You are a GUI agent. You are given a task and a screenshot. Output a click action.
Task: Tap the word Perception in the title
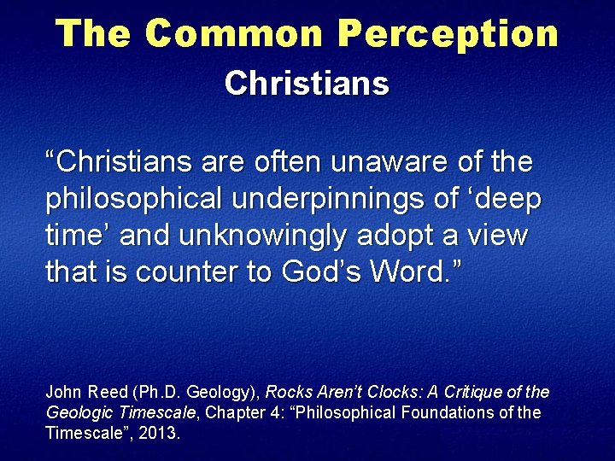click(448, 34)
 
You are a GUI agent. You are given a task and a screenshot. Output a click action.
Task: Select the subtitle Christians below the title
click(307, 84)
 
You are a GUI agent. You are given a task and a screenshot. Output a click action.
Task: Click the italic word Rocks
click(287, 393)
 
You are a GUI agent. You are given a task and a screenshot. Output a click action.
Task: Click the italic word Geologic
click(75, 412)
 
